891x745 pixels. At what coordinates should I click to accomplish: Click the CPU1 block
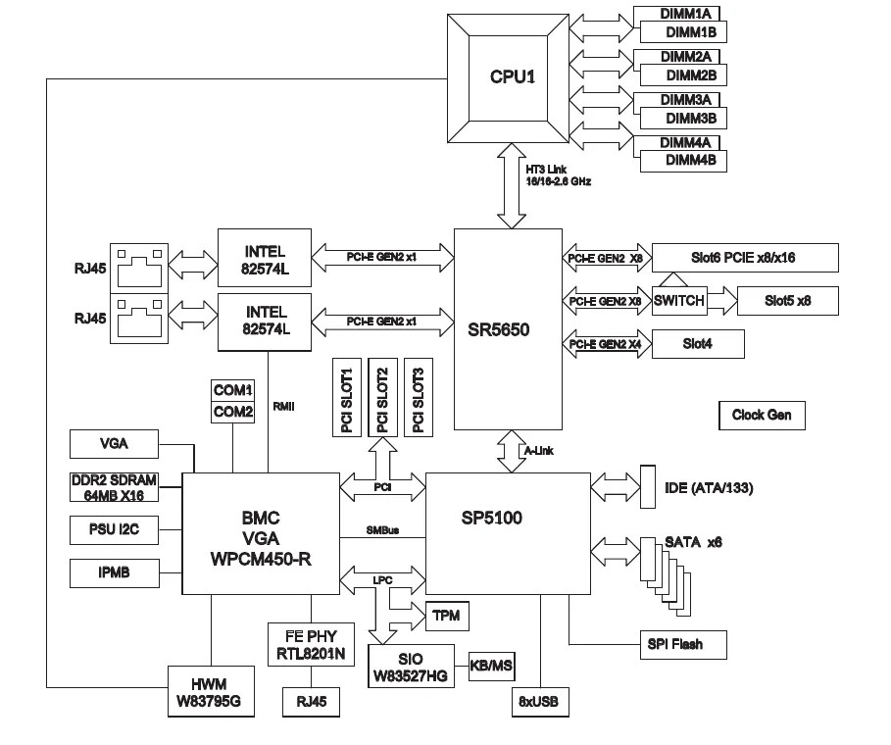(x=513, y=76)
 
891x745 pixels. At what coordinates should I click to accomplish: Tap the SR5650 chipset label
(x=505, y=329)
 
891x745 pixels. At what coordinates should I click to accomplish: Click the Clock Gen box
(x=762, y=415)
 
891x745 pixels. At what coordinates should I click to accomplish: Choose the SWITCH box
(x=678, y=301)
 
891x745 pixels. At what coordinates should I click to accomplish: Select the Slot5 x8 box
(x=787, y=301)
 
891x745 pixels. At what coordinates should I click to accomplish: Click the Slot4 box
(x=697, y=343)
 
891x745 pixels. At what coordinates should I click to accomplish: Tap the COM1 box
(x=233, y=390)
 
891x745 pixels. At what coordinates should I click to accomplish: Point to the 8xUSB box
(x=538, y=702)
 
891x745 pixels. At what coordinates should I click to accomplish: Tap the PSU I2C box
(x=114, y=531)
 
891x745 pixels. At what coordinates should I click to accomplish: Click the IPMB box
(x=114, y=572)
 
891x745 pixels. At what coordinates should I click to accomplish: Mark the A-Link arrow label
(x=540, y=451)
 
